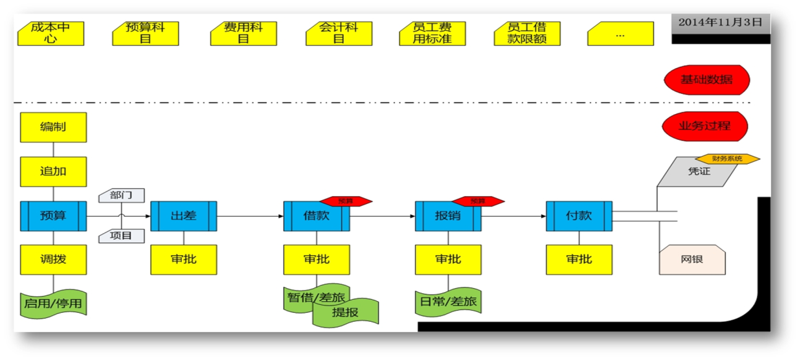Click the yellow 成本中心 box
click(x=51, y=33)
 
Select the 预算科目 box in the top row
click(x=146, y=33)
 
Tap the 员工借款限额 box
click(x=527, y=33)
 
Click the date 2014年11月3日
click(x=720, y=22)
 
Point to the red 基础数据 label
click(x=706, y=80)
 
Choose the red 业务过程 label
click(x=704, y=126)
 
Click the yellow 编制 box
click(x=53, y=127)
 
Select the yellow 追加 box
click(x=53, y=172)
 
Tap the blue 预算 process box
click(x=53, y=216)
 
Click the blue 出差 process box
click(x=184, y=216)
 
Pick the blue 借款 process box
click(x=317, y=216)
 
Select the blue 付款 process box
click(x=579, y=216)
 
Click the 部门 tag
click(x=122, y=196)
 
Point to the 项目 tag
click(x=122, y=236)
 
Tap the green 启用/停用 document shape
click(x=53, y=303)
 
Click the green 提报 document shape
click(x=346, y=312)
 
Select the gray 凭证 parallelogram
click(x=698, y=172)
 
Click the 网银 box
click(x=692, y=259)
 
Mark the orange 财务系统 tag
click(x=727, y=159)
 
